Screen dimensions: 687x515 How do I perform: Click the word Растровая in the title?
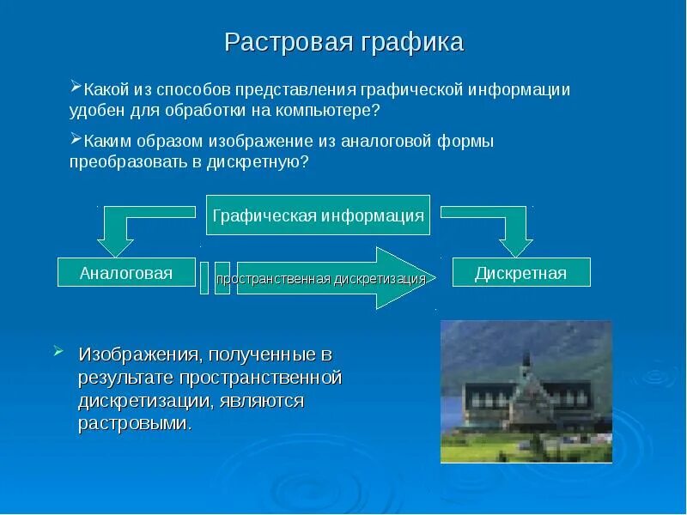coord(289,42)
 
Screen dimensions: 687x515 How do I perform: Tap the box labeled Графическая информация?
coord(318,215)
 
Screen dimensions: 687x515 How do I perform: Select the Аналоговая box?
coord(126,272)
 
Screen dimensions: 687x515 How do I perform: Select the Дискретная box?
coord(521,272)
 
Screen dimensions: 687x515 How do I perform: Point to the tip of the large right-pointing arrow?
coord(435,278)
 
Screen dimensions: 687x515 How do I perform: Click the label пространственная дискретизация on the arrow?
coord(321,279)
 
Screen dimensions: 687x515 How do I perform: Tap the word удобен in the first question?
coord(97,111)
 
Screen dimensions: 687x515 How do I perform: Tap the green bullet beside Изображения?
coord(58,351)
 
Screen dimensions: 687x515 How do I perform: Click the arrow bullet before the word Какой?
coord(76,86)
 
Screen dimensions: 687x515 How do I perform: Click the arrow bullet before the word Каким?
coord(76,138)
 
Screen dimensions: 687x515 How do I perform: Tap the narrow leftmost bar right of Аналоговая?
coord(204,278)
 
